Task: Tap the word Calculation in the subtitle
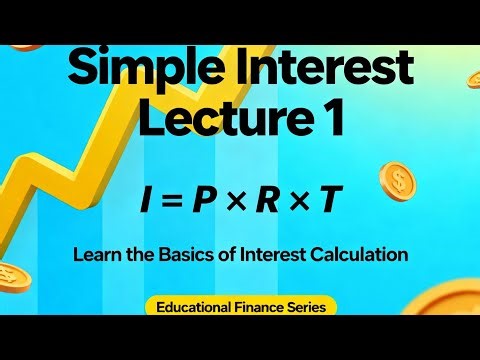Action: [x=361, y=254]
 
